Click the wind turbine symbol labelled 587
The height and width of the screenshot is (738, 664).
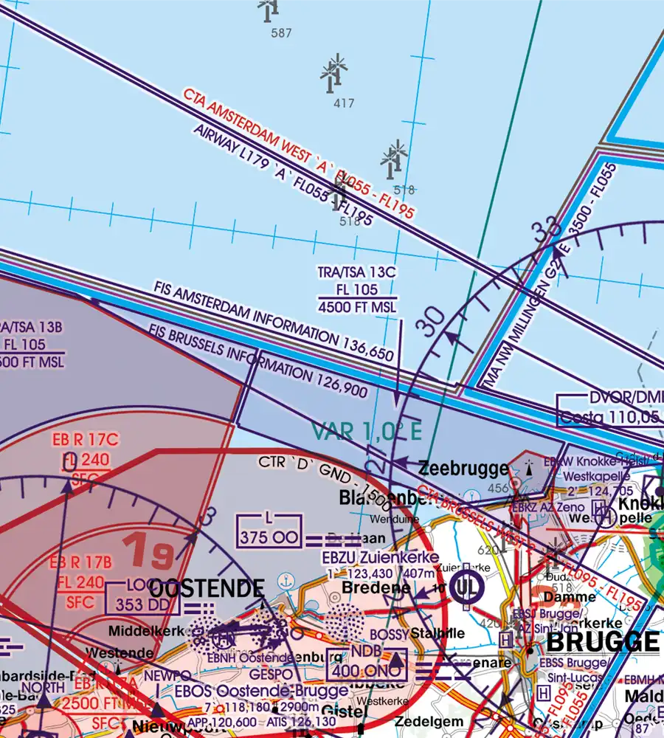point(269,9)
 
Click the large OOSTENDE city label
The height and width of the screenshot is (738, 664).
point(207,589)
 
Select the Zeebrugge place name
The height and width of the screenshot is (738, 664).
point(463,469)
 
